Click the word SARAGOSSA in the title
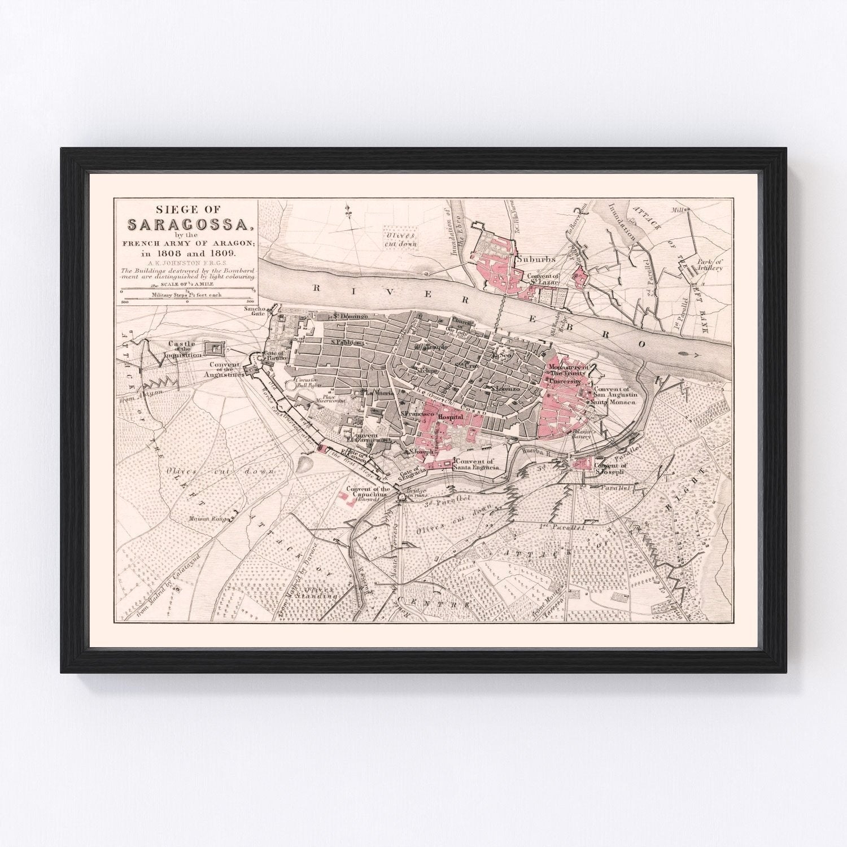(x=187, y=225)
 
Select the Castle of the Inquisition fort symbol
(x=215, y=348)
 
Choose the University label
(x=565, y=382)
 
